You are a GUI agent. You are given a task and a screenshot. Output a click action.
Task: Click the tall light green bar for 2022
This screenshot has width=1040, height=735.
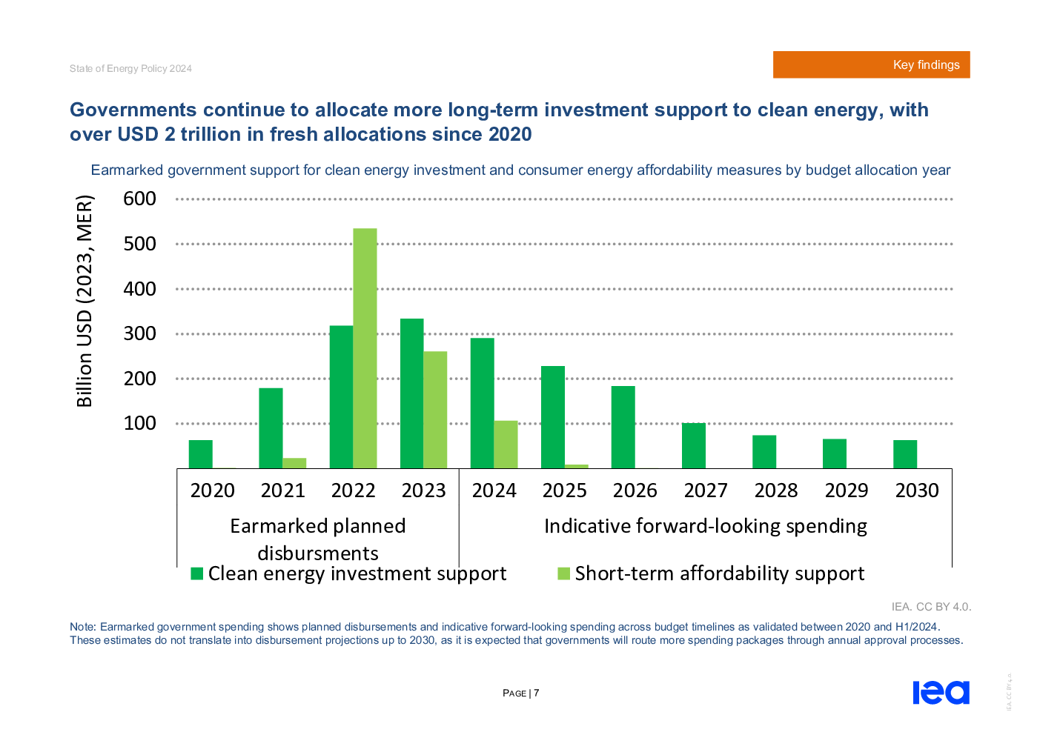365,348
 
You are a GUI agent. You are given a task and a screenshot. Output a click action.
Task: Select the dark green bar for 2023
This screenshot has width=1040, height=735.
411,393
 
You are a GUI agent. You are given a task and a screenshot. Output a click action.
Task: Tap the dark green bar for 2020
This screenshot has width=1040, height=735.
200,454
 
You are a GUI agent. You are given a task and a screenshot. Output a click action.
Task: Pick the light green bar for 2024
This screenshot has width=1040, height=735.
506,445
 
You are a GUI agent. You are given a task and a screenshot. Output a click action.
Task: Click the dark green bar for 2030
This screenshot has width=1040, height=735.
905,454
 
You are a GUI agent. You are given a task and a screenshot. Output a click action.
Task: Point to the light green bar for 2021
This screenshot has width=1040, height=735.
294,463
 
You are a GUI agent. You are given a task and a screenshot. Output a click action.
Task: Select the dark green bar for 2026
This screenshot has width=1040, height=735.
623,427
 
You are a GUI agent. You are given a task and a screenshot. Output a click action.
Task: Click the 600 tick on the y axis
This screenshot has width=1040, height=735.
139,199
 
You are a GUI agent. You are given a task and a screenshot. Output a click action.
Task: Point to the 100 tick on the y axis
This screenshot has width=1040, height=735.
139,423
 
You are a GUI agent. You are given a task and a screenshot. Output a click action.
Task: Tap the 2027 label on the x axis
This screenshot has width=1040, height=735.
706,490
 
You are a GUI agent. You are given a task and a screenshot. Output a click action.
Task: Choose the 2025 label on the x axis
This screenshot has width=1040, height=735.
564,490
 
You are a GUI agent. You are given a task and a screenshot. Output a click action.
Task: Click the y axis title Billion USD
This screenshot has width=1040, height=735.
85,301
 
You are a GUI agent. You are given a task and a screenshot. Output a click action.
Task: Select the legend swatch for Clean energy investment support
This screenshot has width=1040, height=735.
197,573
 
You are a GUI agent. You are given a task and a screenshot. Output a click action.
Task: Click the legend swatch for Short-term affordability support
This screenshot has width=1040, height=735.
563,573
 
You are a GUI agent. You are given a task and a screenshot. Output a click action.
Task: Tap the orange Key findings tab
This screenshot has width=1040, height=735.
871,65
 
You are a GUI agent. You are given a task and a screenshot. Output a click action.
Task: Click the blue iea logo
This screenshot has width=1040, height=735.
941,692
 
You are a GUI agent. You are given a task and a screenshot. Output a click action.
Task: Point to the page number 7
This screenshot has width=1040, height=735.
536,694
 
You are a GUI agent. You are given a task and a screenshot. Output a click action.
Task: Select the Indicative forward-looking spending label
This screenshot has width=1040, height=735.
705,526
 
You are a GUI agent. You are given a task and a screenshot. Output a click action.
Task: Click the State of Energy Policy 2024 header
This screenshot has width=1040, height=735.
130,68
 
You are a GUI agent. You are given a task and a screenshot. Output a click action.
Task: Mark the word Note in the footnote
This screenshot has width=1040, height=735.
82,627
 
